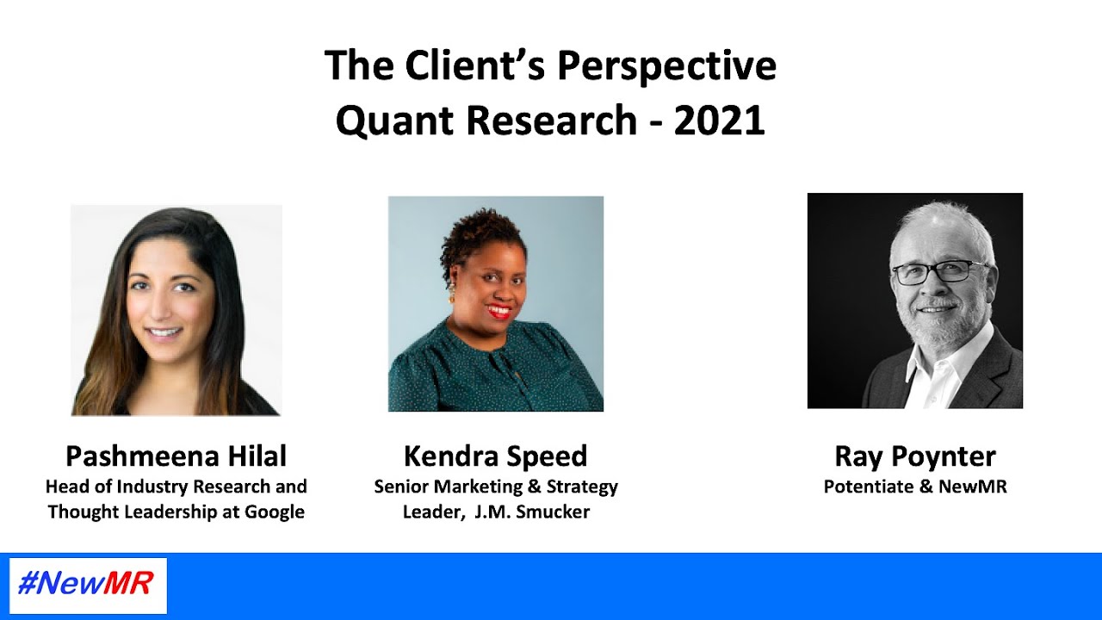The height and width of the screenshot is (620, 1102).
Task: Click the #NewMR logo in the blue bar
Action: [86, 585]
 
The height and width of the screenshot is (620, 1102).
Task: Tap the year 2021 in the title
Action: [719, 121]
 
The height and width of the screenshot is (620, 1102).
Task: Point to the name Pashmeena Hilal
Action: [176, 456]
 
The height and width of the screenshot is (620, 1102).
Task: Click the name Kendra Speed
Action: [495, 456]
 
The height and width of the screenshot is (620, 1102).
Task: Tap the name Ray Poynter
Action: [914, 456]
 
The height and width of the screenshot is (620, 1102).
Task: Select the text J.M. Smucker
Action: [532, 512]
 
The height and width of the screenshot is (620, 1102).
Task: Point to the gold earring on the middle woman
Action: [450, 297]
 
